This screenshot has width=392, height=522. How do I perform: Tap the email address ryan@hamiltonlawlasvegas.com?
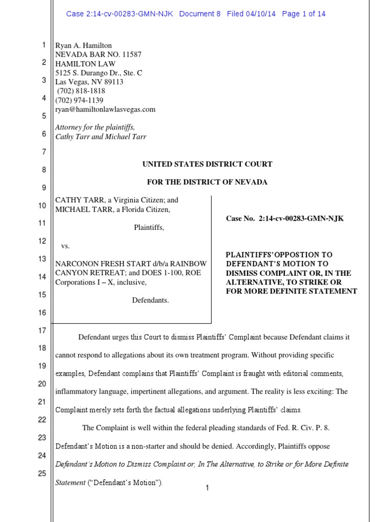pos(105,110)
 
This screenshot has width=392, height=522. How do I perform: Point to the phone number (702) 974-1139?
pos(80,100)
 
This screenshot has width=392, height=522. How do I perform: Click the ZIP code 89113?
pos(113,82)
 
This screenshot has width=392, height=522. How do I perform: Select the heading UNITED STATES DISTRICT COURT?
pos(207,164)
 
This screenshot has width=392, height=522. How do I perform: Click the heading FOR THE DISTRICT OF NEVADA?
pos(207,182)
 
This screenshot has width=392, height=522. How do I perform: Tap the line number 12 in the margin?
pos(42,241)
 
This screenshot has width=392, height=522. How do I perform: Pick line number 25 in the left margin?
pos(42,474)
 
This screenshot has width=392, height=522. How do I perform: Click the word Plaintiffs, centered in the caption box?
pos(149,228)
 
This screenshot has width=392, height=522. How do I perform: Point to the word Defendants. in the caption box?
pos(150,300)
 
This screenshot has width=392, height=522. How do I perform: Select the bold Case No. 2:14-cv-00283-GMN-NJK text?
pos(285,219)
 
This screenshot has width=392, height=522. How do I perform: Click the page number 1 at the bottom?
pos(207,488)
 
